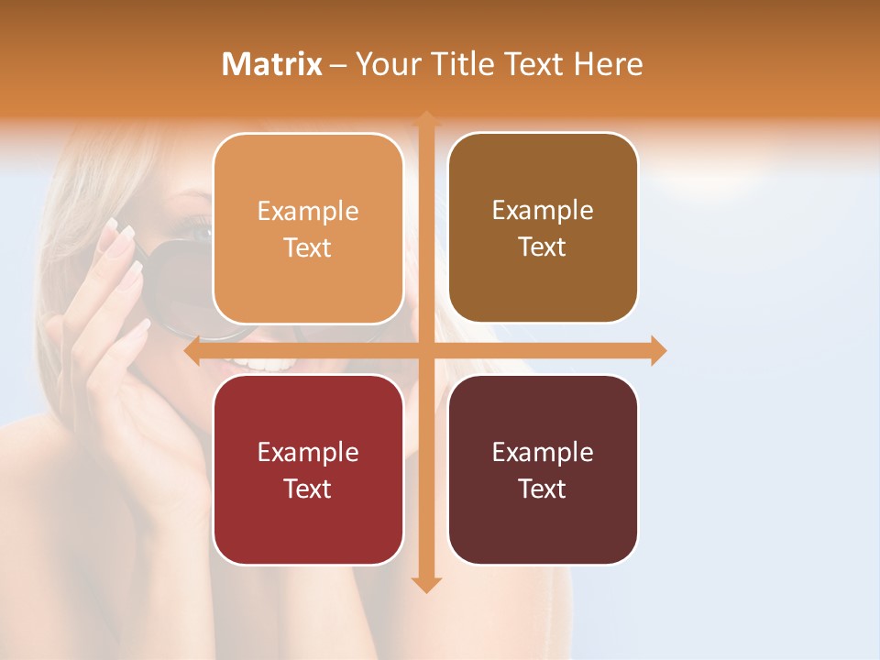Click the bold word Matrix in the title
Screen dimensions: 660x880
(x=272, y=64)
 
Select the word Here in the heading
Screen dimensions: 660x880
(x=609, y=64)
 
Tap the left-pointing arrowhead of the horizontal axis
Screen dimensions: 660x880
(x=192, y=351)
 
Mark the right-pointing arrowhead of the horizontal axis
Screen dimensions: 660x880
(x=659, y=351)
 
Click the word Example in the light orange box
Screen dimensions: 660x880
(x=308, y=212)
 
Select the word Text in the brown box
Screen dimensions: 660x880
(x=543, y=247)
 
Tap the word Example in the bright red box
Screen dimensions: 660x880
(x=308, y=452)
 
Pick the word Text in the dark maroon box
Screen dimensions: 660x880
(x=543, y=489)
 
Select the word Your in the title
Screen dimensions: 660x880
(x=388, y=64)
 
